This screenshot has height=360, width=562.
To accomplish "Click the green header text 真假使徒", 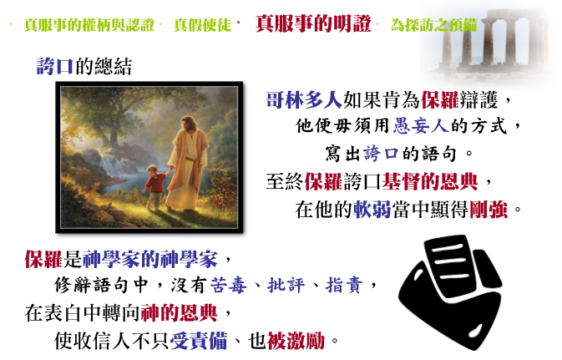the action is click(x=203, y=25).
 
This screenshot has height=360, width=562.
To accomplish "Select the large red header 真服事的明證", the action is click(x=313, y=24).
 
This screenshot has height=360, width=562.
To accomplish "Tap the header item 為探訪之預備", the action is click(x=433, y=25).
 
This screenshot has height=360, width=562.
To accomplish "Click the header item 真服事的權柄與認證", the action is click(x=89, y=25).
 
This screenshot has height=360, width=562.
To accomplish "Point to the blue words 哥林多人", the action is click(x=304, y=99).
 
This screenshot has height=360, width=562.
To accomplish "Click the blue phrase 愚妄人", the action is click(x=421, y=126).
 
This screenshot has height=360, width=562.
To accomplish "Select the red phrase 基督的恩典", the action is click(x=430, y=181).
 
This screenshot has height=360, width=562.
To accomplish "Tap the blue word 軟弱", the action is click(x=372, y=210).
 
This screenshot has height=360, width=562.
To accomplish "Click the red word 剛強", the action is click(x=489, y=210).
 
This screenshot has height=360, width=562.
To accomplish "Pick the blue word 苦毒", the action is click(x=228, y=286).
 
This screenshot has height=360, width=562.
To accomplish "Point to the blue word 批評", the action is click(x=286, y=286).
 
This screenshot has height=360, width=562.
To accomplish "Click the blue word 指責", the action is click(x=344, y=286).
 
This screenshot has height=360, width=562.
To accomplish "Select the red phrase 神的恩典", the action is click(x=180, y=312).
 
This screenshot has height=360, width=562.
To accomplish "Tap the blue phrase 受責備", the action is click(x=199, y=341).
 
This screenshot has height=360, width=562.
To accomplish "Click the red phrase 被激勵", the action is click(x=296, y=341).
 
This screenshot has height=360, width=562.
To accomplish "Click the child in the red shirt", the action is click(x=154, y=187).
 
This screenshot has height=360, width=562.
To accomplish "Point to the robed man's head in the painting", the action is click(x=187, y=124).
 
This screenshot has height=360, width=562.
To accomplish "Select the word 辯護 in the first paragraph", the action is click(x=478, y=99).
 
